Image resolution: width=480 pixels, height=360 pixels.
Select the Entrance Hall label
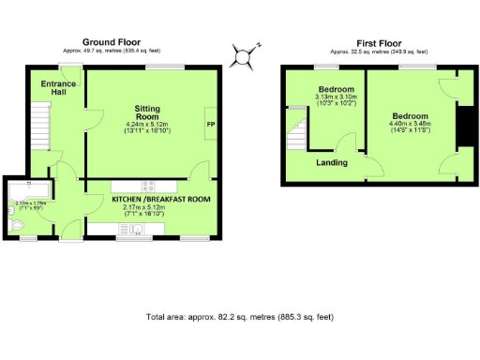pyautogui.click(x=59, y=89)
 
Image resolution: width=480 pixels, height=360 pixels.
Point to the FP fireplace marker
pyautogui.click(x=210, y=124)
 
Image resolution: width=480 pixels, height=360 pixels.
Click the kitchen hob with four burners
pyautogui.click(x=148, y=185)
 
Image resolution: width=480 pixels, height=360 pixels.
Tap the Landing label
pyautogui.click(x=331, y=162)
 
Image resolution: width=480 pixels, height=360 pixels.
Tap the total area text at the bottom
pyautogui.click(x=239, y=318)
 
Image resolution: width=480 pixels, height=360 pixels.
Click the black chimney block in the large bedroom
pyautogui.click(x=462, y=127)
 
